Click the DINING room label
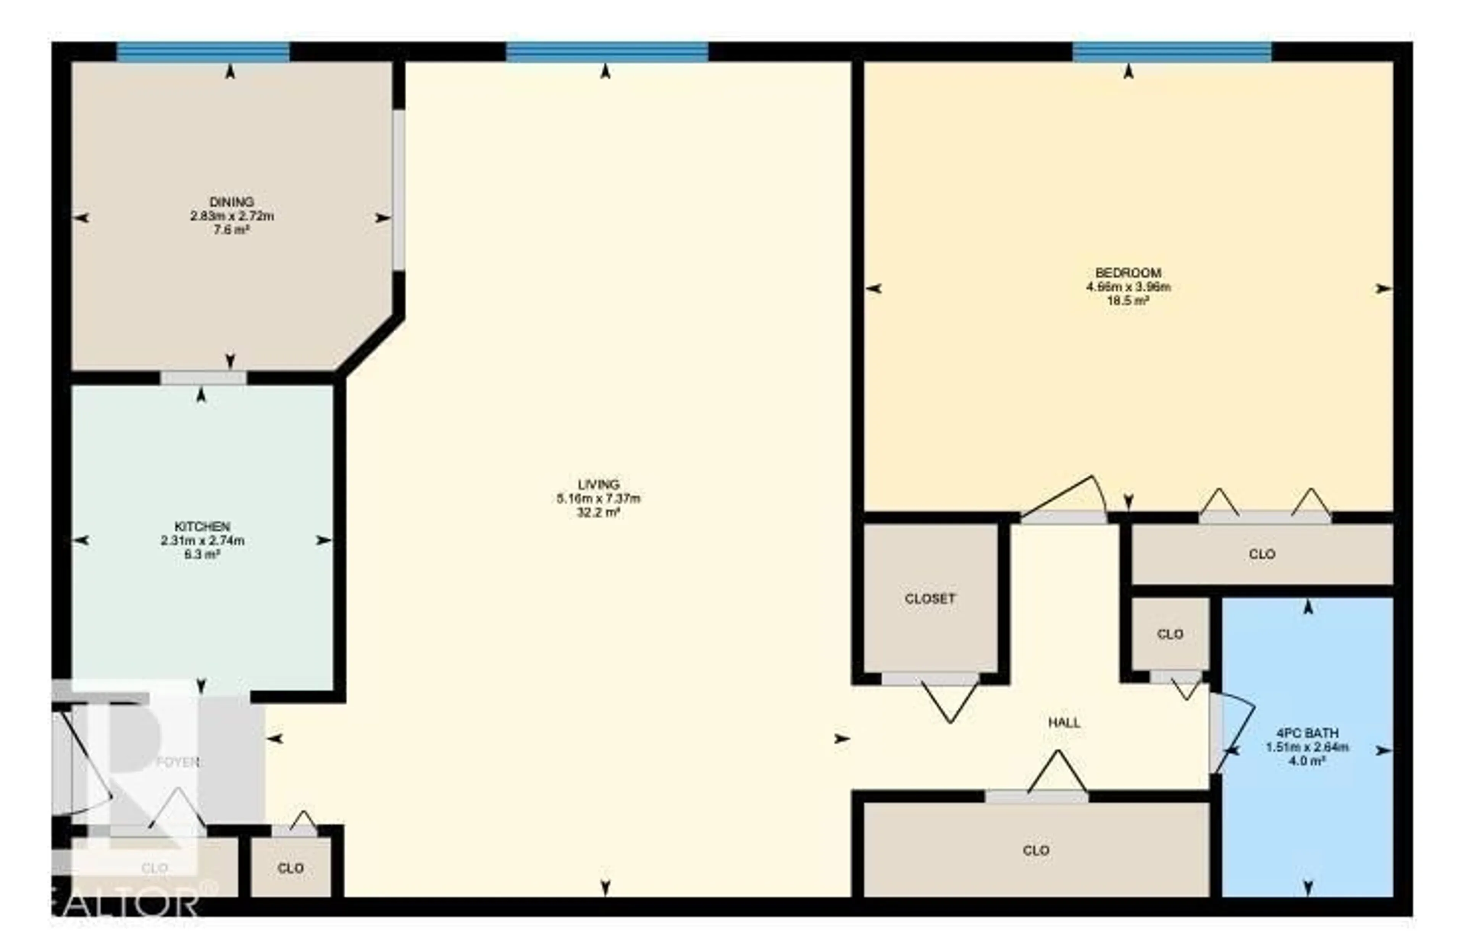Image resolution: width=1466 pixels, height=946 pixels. coord(232,201)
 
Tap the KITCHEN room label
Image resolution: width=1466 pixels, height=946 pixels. coord(202,527)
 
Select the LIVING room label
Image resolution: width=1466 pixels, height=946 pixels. coord(599,484)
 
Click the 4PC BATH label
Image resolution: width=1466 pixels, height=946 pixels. coord(1307,733)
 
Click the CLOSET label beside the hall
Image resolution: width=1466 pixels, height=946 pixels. coord(930,599)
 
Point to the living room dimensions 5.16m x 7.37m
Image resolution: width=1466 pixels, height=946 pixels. coord(599,498)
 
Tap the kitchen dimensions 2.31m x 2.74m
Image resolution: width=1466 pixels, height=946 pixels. coord(202,541)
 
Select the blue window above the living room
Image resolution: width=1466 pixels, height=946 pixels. coord(606,52)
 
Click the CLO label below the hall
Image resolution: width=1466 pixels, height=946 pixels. coord(1036,851)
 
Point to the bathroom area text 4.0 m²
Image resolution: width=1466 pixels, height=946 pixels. coord(1307,761)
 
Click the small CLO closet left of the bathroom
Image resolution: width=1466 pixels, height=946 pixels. coord(1170,634)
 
